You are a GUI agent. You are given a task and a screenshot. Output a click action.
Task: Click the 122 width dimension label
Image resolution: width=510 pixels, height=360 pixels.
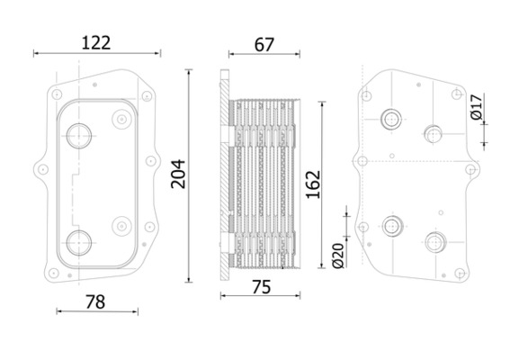point(96,43)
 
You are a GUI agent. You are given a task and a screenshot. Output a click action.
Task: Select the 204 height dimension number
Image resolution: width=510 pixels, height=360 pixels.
point(178,174)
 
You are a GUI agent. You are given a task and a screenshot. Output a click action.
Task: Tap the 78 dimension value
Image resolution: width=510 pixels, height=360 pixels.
point(95,302)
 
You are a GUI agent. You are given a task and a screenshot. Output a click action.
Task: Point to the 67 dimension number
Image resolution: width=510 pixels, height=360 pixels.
point(264,45)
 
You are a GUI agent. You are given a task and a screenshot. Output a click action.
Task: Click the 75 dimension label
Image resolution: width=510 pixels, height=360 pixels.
point(262,287)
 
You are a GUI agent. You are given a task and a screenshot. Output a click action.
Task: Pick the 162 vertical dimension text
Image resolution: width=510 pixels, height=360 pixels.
point(313,184)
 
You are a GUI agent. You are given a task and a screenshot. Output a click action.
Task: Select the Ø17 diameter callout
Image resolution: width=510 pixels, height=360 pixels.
point(477,107)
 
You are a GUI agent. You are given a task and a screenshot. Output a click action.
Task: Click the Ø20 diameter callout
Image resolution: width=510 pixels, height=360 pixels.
point(338,256)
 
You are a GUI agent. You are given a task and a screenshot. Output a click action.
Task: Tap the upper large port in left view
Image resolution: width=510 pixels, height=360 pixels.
point(79,136)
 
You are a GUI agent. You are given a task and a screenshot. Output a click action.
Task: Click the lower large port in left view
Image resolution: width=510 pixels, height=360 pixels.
point(79,243)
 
